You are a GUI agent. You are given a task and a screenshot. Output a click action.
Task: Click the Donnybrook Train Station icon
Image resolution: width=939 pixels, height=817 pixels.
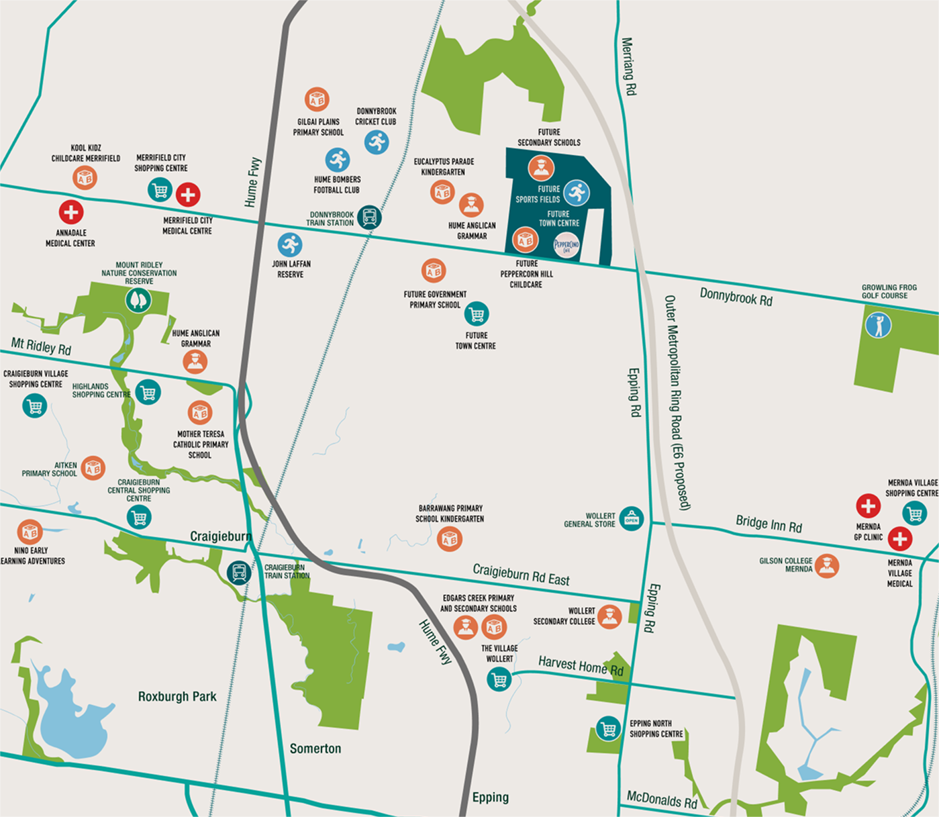369,217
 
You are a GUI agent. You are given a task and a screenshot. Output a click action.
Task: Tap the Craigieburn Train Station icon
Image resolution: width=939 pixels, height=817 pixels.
239,573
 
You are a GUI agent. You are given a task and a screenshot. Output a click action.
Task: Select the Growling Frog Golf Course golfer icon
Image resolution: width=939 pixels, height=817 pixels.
878,325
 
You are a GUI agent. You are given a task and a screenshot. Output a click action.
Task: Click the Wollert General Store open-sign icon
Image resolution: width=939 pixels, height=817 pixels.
631,518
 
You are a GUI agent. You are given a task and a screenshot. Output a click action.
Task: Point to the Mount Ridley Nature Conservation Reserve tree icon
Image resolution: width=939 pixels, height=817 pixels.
138,299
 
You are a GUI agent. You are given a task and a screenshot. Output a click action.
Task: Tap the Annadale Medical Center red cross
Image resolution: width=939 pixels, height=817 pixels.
70,212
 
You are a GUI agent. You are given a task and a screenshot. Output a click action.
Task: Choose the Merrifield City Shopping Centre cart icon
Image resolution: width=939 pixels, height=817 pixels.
160,191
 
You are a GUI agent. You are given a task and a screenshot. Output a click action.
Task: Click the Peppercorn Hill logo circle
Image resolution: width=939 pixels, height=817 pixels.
566,246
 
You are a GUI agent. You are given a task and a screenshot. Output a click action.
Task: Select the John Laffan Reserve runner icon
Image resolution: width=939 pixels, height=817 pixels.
290,244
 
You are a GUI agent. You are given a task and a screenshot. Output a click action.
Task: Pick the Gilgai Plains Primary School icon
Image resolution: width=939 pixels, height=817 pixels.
317,99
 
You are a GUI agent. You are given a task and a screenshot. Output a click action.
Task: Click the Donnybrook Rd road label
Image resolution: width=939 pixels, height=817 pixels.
736,297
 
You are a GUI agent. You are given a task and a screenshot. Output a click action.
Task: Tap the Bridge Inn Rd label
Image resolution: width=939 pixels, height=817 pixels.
769,523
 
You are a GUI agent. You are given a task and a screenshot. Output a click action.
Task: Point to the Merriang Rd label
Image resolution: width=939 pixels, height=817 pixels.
628,66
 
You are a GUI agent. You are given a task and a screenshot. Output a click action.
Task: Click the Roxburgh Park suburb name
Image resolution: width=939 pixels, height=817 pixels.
177,696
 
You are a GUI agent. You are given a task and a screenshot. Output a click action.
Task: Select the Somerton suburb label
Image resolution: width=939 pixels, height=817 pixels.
315,749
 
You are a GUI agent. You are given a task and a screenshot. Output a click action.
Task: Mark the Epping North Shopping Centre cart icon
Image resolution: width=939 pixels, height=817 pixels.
608,729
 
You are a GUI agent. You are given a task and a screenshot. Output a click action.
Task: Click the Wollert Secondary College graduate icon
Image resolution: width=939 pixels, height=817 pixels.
609,616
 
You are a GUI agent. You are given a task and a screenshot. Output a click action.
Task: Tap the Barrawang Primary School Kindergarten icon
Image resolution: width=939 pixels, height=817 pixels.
450,539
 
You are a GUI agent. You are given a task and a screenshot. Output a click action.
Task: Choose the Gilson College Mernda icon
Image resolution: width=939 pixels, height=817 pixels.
827,566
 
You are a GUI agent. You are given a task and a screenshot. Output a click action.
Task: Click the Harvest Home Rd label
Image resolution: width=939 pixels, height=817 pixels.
581,667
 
